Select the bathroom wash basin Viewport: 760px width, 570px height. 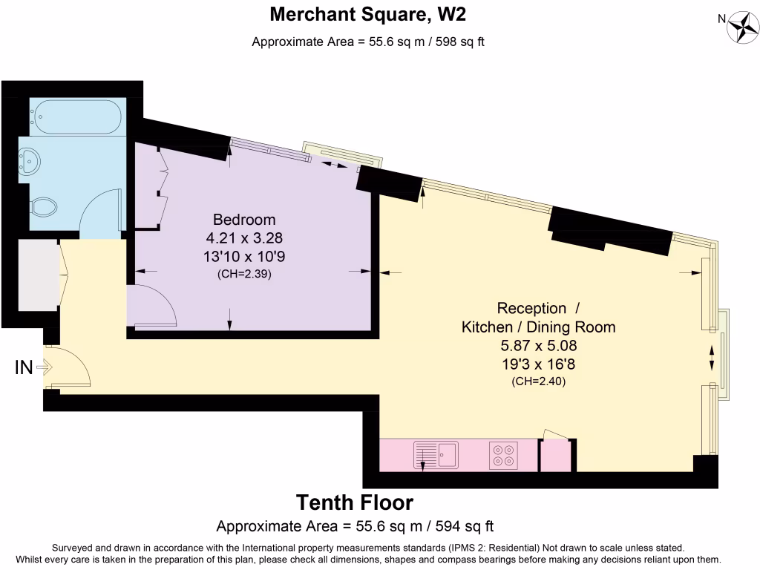tap(31, 160)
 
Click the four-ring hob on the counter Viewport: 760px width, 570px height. tap(504, 454)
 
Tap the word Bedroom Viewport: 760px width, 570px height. tap(244, 220)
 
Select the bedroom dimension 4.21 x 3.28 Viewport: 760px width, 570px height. tap(244, 238)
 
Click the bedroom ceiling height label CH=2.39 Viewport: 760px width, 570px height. tap(244, 274)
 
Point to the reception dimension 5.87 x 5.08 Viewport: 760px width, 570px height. tap(538, 346)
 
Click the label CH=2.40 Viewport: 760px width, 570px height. tap(538, 381)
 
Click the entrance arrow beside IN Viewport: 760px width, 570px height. tap(43, 367)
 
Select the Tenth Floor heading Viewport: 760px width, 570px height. tap(355, 502)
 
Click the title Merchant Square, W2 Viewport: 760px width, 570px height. tap(368, 14)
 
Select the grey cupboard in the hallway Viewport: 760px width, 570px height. tap(37, 275)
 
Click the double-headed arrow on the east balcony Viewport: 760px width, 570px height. tap(714, 357)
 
